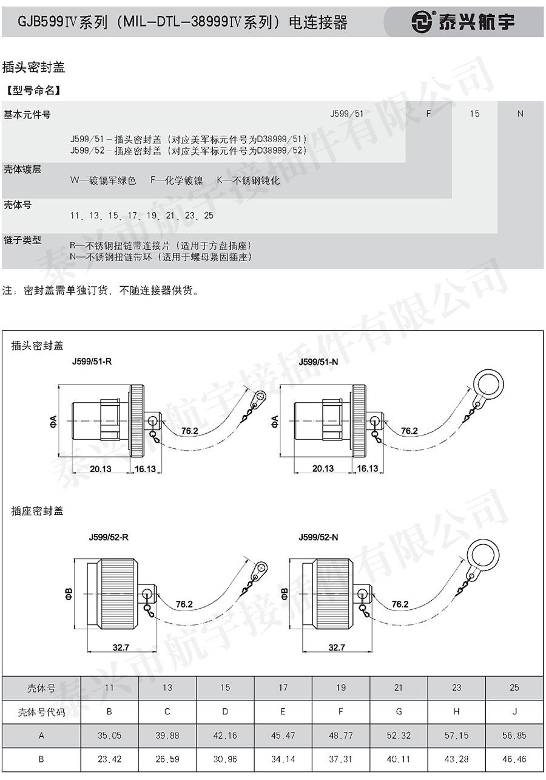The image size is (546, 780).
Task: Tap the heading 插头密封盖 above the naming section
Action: coord(33,67)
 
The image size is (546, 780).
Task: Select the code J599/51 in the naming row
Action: coord(346,114)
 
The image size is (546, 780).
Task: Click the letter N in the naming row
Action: coord(521,114)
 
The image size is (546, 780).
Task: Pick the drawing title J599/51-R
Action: coord(92,361)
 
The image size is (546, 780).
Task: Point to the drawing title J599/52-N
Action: coord(318,537)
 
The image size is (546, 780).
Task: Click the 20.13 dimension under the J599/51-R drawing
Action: coord(101,469)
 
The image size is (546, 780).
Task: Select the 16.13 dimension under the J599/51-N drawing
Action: coord(368,468)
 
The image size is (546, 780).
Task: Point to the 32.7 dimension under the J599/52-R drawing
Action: coord(121,648)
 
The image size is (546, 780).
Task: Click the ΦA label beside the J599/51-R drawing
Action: coord(53,421)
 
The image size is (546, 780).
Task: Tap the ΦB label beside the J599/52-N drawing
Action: coord(285,594)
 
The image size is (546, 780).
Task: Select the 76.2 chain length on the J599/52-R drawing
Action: coord(184,604)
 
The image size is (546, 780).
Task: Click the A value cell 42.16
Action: coord(225,735)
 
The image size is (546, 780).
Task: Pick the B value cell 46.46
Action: coord(514,759)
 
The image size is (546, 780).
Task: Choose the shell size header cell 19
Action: coord(341,688)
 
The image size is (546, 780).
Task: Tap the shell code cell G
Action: coord(399,711)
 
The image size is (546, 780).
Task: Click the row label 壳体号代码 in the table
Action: coord(41,712)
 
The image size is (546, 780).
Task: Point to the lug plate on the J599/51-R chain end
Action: coord(258,398)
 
